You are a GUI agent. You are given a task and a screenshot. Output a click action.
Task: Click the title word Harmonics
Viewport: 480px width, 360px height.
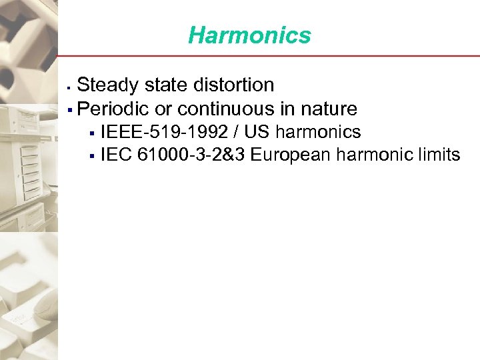(x=249, y=35)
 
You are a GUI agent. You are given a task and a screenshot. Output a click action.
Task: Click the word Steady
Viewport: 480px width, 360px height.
(x=109, y=85)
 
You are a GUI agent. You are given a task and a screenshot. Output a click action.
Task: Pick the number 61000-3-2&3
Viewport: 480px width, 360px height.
(x=191, y=155)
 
